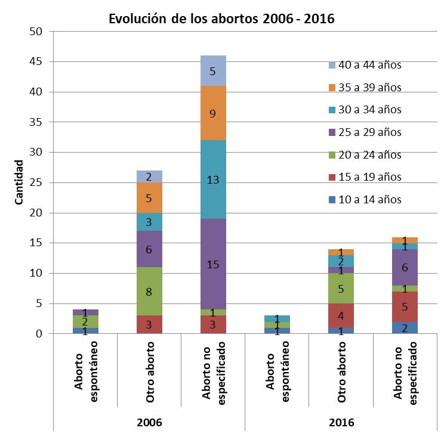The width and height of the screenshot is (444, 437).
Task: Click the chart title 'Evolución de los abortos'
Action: point(221,18)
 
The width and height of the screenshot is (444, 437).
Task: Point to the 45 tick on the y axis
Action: point(36,62)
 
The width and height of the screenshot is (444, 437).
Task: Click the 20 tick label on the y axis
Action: point(36,213)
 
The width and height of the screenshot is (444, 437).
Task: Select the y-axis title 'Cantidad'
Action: point(19,182)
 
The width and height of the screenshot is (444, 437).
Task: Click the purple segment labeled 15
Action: point(213,264)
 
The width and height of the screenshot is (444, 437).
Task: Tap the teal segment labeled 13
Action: point(213,179)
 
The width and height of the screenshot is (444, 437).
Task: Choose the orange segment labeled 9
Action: point(213,113)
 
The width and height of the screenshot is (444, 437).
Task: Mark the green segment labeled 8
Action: point(149,292)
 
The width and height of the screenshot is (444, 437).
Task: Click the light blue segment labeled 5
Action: point(213,70)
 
